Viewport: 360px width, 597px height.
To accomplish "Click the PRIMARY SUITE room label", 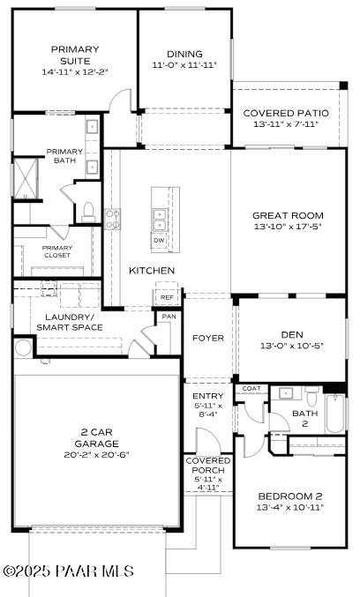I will [75, 54].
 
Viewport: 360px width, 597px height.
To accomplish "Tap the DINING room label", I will [184, 54].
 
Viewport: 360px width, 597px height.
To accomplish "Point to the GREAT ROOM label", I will [288, 215].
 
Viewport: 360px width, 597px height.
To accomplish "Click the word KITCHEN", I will [152, 270].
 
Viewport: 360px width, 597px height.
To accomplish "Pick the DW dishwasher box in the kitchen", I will [160, 240].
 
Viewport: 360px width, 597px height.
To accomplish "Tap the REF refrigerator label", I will [167, 298].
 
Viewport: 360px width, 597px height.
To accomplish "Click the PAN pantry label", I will [169, 316].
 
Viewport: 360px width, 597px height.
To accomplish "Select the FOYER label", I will [208, 338].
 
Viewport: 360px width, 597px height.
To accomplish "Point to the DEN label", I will [292, 334].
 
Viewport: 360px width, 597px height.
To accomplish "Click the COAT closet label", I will [251, 388].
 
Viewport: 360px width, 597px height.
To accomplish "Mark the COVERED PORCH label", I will [208, 466].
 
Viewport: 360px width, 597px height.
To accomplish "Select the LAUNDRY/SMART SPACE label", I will [70, 322].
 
